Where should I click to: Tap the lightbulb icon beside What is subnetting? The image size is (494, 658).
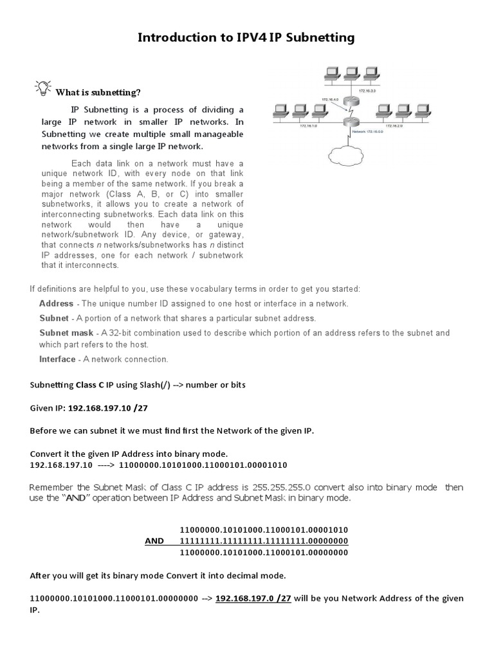pos(42,88)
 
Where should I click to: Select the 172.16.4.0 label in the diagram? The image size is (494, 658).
pos(329,100)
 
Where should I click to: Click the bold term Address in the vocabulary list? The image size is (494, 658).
pos(56,303)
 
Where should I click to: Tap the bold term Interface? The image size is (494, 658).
pos(57,359)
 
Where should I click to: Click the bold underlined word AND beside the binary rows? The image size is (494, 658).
pos(154,541)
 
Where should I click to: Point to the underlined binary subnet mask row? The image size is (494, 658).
pos(264,541)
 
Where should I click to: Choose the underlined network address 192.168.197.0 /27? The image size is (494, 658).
pos(253,598)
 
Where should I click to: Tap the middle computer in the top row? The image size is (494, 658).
pos(351,73)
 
